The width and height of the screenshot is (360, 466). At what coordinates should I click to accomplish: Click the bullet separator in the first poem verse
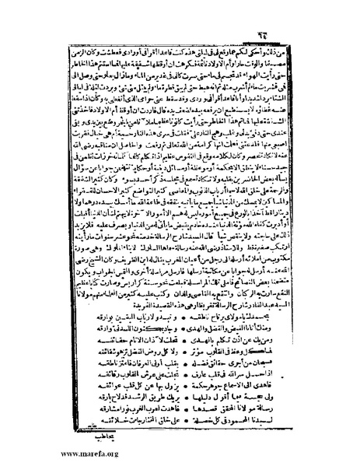coord(180,321)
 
